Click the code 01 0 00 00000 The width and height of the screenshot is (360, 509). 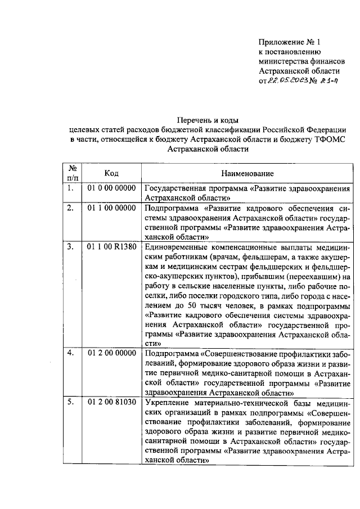[x=111, y=188]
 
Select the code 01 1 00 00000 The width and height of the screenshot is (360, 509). [x=111, y=208]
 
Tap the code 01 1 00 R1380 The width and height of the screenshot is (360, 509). [x=111, y=247]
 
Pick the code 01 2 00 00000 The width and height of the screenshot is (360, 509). [x=111, y=353]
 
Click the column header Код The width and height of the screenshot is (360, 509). [x=111, y=173]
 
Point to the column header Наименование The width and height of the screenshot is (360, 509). [x=247, y=173]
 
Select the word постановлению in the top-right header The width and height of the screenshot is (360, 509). [x=292, y=52]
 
